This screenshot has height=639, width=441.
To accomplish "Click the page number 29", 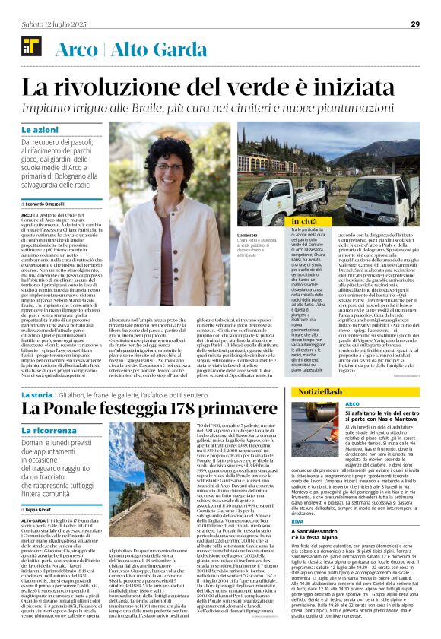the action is point(415,24).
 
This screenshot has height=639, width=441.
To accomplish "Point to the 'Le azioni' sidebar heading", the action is point(59,131).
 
